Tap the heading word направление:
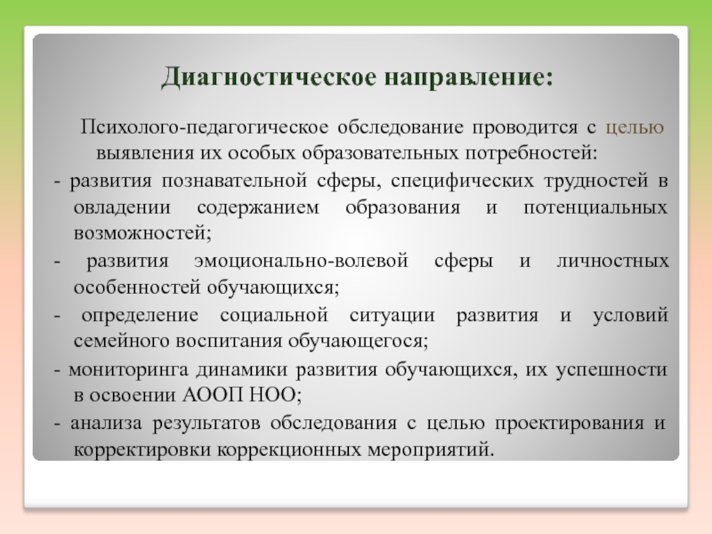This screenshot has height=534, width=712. (x=469, y=77)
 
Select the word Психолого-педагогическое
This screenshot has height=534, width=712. (x=205, y=127)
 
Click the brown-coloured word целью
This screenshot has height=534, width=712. (x=635, y=128)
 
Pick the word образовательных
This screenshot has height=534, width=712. (x=380, y=153)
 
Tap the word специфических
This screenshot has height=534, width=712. (x=462, y=182)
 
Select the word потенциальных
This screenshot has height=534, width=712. (x=595, y=208)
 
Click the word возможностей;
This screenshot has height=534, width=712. (x=142, y=233)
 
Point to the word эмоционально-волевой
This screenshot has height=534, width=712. (x=301, y=262)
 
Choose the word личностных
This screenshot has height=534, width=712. (x=613, y=262)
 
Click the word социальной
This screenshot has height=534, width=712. (x=274, y=315)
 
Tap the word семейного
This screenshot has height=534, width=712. (x=121, y=341)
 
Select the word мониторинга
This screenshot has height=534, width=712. (x=128, y=369)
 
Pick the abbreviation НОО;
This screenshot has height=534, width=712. (x=276, y=395)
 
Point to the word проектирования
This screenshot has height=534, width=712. (x=570, y=424)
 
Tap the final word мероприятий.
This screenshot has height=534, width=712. (x=431, y=450)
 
